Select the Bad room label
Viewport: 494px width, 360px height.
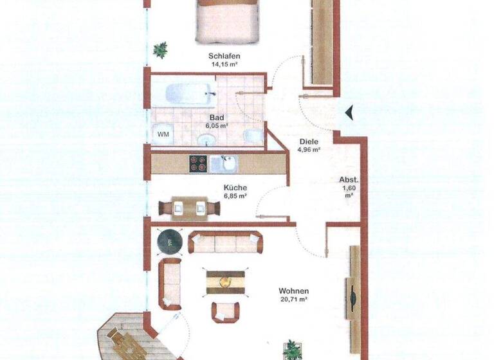click(x=216, y=118)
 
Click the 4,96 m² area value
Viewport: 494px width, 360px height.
click(x=309, y=150)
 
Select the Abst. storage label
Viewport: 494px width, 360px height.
click(x=349, y=180)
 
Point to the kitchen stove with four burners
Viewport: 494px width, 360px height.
click(x=197, y=163)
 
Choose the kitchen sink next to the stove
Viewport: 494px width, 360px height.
click(x=227, y=163)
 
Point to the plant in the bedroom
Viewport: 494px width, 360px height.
click(x=160, y=50)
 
